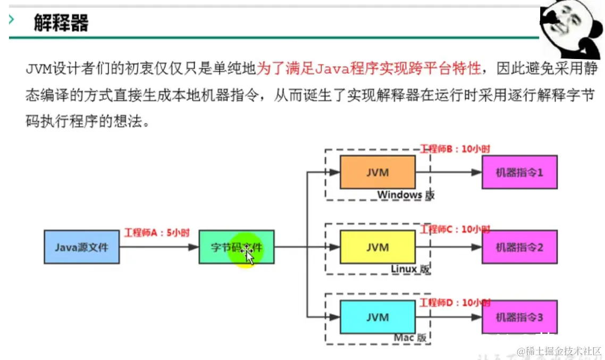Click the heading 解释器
coord(61,23)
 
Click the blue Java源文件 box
coord(81,247)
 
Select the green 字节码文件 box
coord(237,247)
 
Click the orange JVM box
coord(377,172)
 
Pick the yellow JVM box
coord(377,247)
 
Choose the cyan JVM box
coord(377,317)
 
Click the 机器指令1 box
coord(519,172)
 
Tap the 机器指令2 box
coord(519,247)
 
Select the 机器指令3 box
coord(519,317)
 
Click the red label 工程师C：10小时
coord(455,229)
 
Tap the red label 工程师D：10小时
coord(455,303)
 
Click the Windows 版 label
coord(406,195)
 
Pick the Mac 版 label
coord(410,338)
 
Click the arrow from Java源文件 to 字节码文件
coord(159,247)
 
